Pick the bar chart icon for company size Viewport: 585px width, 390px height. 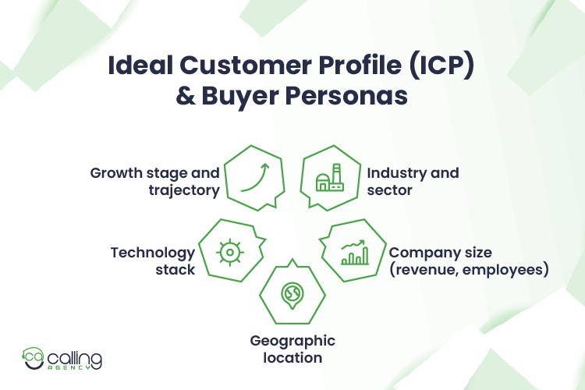(x=355, y=251)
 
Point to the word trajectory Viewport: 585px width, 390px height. (x=183, y=189)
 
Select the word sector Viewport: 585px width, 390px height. (x=389, y=189)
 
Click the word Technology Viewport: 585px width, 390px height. (x=153, y=253)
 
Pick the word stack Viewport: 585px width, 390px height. (x=177, y=269)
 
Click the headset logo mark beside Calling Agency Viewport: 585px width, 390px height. (x=34, y=358)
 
